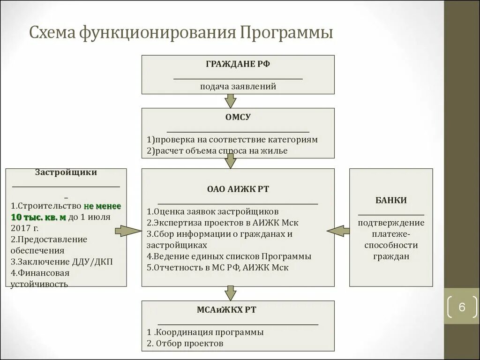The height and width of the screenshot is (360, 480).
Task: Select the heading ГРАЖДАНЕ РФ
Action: (238, 64)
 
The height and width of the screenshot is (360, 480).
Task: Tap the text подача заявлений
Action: (238, 86)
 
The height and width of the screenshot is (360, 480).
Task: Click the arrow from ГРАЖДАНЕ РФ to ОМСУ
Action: (230, 100)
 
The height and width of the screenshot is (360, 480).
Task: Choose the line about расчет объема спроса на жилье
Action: (217, 151)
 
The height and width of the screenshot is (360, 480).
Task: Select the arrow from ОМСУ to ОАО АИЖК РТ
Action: (230, 161)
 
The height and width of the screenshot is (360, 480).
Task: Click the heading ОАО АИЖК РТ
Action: (238, 189)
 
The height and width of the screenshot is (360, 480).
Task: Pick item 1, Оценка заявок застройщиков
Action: (212, 211)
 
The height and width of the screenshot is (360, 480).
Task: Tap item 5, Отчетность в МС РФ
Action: (217, 268)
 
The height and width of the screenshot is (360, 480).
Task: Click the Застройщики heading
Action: (66, 172)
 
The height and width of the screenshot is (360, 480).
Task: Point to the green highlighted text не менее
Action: (102, 206)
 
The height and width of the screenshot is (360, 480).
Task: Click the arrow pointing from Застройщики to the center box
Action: (128, 231)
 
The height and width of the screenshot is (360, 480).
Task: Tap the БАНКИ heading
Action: (390, 200)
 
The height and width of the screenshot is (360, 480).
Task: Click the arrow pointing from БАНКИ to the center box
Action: (338, 230)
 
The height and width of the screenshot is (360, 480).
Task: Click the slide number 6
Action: (462, 307)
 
